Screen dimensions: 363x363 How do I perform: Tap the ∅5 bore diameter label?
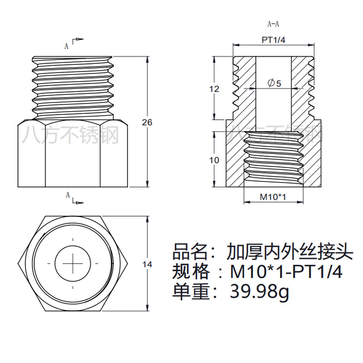(274, 83)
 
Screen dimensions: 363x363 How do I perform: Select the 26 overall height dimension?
(147, 122)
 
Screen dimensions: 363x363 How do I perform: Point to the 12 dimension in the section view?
(214, 89)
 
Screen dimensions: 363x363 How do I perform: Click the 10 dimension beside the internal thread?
(214, 160)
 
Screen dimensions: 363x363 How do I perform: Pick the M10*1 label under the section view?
(273, 196)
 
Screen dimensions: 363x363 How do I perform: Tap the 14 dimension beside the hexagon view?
(147, 264)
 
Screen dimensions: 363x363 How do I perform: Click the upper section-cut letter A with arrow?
(67, 46)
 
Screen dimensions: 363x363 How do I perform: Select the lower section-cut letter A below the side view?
(68, 195)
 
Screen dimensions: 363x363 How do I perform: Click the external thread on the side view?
(73, 86)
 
